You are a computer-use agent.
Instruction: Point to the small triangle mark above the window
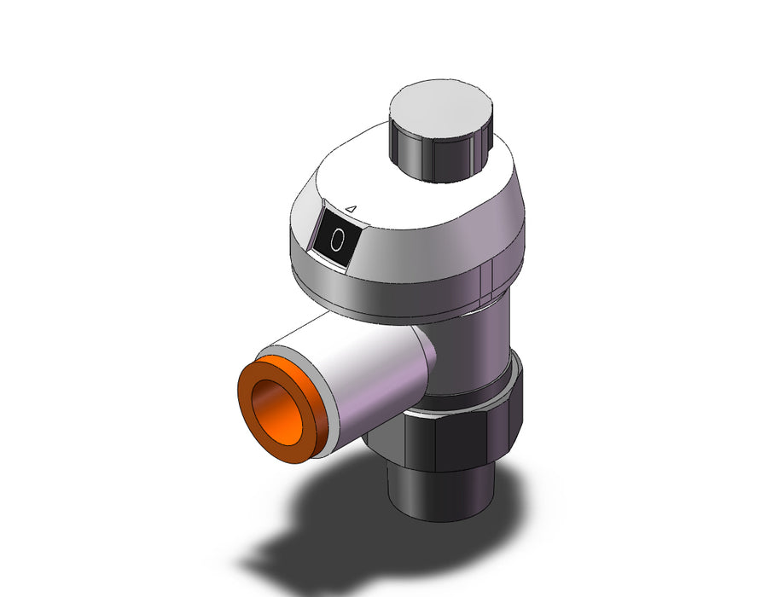pyautogui.click(x=351, y=209)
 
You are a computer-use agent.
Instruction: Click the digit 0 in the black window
pyautogui.click(x=337, y=240)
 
